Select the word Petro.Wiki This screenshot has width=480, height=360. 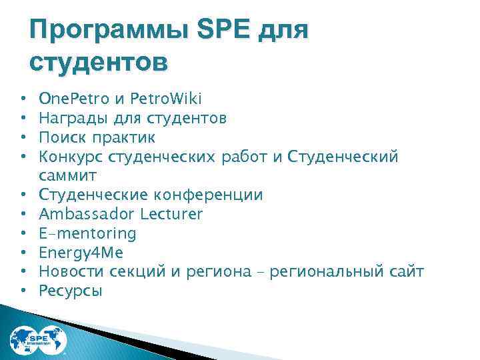167,100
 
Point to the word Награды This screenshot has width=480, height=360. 66,119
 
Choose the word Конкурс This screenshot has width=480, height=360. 68,157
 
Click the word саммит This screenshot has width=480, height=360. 68,175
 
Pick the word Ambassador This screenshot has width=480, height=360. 85,214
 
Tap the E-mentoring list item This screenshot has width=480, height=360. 87,233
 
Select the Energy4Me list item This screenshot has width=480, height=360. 81,253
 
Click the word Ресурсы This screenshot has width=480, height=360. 71,291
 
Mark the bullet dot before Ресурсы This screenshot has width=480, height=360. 23,291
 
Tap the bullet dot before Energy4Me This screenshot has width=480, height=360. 23,253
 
